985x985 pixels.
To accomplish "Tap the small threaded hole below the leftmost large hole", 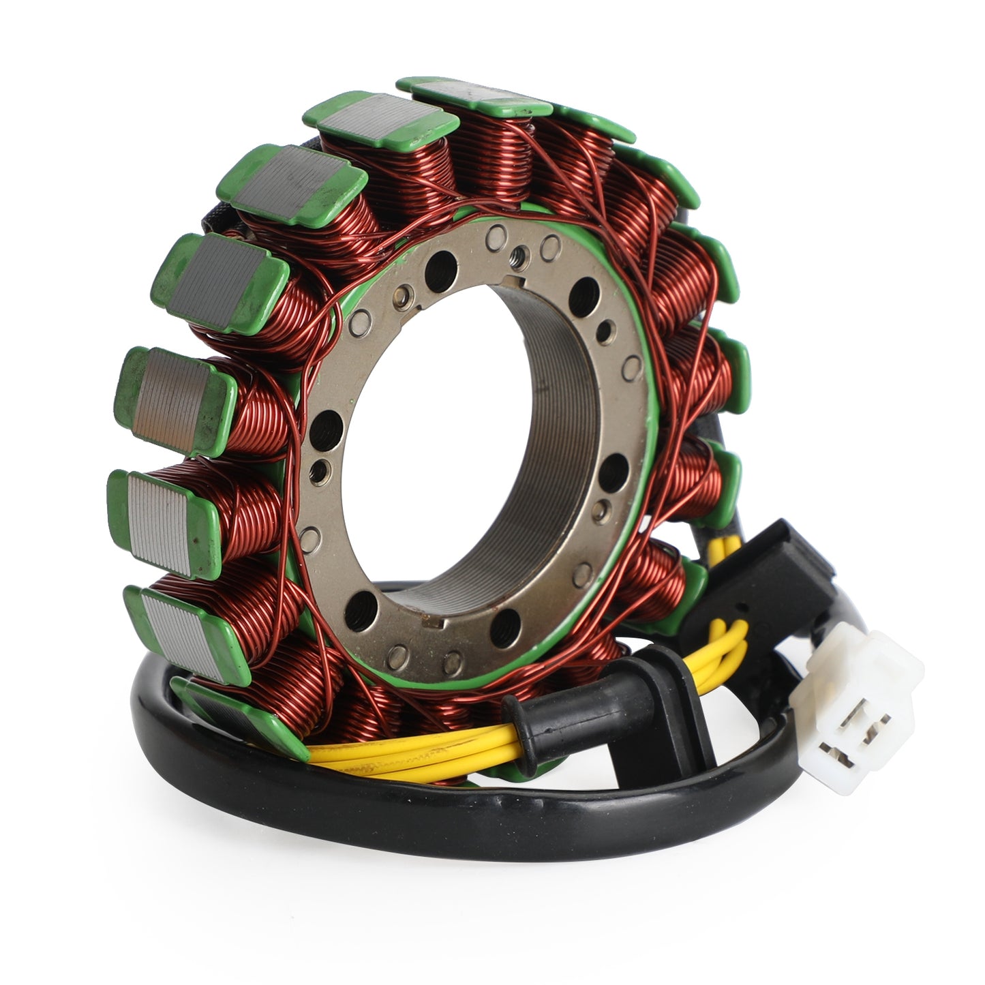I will [x=315, y=469].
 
